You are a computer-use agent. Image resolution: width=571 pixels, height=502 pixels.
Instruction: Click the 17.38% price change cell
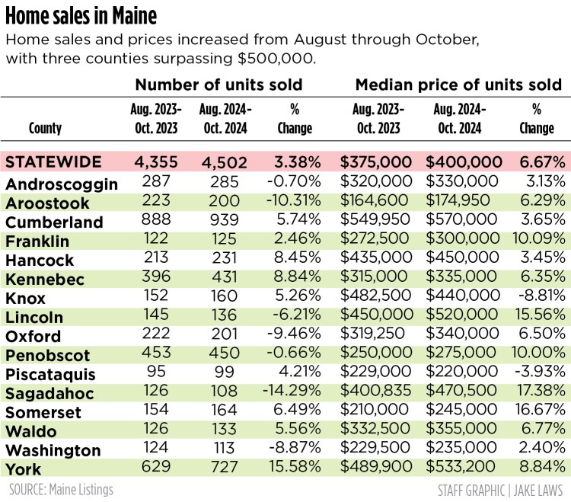coord(539,393)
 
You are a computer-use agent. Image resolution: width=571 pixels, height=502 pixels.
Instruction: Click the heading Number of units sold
coord(219,85)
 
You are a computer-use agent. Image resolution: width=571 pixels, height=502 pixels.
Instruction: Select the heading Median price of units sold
coord(458,85)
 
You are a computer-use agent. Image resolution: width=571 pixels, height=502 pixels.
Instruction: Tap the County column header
coord(45,129)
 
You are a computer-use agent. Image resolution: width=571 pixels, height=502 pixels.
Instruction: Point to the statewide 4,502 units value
coord(224,162)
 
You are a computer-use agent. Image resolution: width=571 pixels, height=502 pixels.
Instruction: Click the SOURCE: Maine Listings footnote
coord(61,489)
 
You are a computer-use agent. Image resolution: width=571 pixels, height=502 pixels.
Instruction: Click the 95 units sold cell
coord(158,374)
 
